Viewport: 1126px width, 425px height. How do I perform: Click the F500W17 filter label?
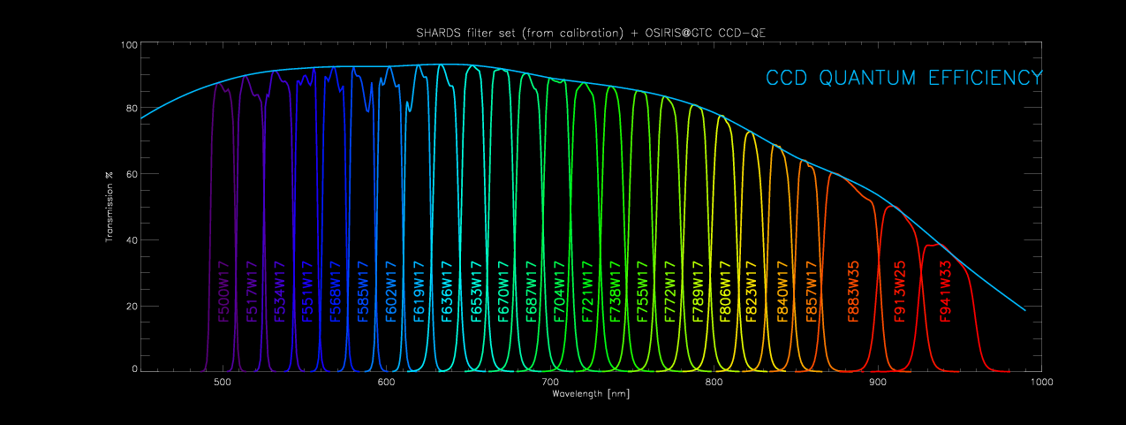click(x=223, y=292)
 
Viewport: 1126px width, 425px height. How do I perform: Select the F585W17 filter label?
click(x=362, y=292)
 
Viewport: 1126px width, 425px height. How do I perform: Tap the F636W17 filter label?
click(x=447, y=292)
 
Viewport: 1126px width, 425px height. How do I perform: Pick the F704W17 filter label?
click(x=558, y=292)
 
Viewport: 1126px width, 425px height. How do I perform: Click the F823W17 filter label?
click(x=752, y=292)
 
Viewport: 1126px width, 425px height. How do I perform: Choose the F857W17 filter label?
click(x=811, y=292)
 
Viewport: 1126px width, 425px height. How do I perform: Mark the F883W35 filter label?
click(x=853, y=292)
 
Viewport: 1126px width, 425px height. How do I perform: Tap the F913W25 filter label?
click(x=900, y=292)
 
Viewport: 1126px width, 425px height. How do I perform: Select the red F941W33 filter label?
click(x=945, y=292)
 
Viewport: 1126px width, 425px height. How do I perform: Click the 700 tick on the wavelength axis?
click(x=550, y=382)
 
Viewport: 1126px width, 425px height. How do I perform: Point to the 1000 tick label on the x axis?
click(x=1041, y=382)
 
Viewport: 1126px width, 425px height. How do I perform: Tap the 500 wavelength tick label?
click(x=223, y=382)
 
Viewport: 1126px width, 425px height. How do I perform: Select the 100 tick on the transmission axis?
click(x=128, y=45)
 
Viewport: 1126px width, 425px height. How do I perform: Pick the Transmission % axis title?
click(x=110, y=207)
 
